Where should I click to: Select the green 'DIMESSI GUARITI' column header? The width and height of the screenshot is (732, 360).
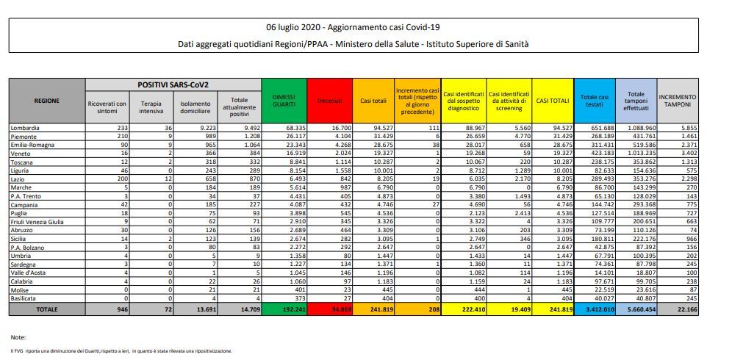284,100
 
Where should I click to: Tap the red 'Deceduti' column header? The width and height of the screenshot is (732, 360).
329,100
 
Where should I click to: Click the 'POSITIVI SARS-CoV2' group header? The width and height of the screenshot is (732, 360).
172,85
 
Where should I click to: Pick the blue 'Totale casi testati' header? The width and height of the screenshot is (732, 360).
594,100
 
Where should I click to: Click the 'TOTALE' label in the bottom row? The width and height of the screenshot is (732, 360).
46,310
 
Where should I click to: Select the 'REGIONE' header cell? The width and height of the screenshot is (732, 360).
46,100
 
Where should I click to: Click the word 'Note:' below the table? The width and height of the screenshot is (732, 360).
19,336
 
